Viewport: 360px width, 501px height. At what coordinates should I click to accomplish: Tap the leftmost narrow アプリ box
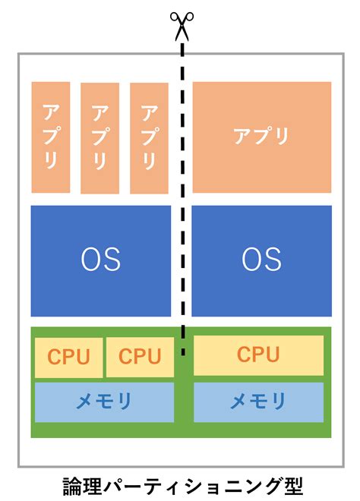(x=50, y=137)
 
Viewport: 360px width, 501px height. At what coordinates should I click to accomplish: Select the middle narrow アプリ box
(x=99, y=137)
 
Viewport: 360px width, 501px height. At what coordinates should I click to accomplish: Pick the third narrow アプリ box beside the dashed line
(x=149, y=137)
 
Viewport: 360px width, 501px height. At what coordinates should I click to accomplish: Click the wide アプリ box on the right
(x=262, y=137)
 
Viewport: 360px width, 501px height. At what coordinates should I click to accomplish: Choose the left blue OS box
(x=101, y=260)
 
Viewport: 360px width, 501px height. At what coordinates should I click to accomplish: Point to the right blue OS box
(x=262, y=260)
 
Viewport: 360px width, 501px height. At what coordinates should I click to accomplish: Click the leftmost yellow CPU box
(x=68, y=357)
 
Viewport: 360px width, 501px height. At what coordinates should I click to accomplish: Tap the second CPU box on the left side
(x=140, y=357)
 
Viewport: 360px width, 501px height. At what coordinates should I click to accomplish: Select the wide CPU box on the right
(x=258, y=354)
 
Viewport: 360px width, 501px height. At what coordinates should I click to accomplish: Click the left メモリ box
(x=104, y=401)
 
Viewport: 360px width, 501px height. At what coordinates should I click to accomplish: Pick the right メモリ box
(x=258, y=401)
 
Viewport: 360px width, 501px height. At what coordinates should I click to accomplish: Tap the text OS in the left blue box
(x=101, y=260)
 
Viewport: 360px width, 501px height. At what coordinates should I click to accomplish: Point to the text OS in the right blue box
(x=262, y=260)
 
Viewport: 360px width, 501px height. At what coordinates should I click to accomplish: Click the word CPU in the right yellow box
(x=258, y=354)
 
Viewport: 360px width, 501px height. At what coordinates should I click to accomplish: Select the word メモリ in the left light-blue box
(x=104, y=401)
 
